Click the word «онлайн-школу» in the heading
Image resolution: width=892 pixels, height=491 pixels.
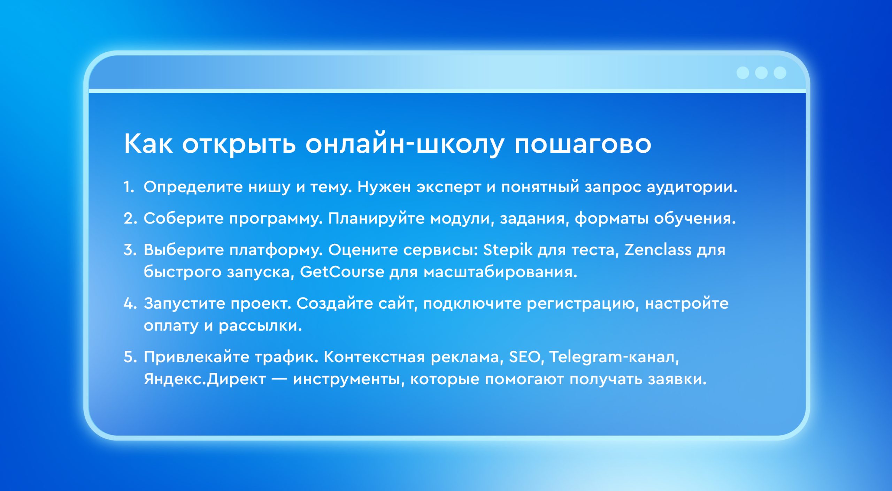tap(404, 144)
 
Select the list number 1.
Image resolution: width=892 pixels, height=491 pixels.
tap(129, 187)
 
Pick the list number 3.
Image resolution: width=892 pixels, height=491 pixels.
tap(130, 250)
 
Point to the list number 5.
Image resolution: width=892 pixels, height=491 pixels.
tap(130, 357)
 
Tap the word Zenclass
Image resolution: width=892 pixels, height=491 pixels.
tap(658, 250)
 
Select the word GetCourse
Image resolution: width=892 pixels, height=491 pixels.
tap(342, 272)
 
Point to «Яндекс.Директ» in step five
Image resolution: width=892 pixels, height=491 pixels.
tap(205, 379)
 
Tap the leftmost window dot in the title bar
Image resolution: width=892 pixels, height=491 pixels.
tap(743, 73)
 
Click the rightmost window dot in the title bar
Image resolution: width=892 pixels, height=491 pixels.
tap(780, 73)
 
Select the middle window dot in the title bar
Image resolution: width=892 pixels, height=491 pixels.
tap(761, 73)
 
